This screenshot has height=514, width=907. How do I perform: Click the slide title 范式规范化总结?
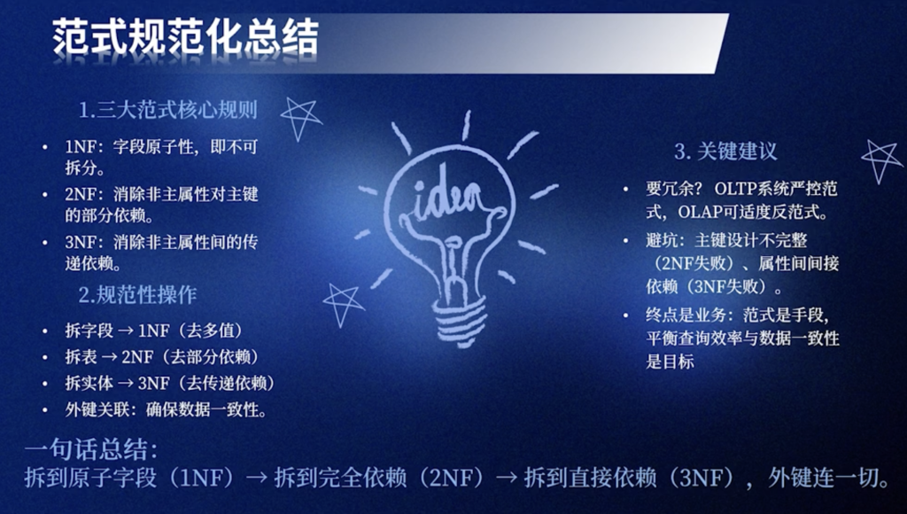pos(185,37)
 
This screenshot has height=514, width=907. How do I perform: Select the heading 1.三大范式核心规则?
pos(167,110)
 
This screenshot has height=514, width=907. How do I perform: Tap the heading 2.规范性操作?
pos(137,294)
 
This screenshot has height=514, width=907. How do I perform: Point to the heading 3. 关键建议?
pos(725,151)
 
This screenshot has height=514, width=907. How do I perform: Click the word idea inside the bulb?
pos(447,197)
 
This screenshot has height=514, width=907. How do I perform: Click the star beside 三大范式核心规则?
pos(300,118)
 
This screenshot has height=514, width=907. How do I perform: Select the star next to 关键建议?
pos(881,160)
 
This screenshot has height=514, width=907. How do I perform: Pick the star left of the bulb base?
pos(343,303)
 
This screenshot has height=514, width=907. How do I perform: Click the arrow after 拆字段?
pos(126,331)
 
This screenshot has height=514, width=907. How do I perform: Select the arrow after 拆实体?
pos(126,383)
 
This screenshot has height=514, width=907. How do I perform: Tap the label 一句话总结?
pos(91,449)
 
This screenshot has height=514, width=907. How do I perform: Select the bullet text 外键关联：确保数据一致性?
pos(167,409)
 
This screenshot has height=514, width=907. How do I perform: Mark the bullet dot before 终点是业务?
pos(626,315)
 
